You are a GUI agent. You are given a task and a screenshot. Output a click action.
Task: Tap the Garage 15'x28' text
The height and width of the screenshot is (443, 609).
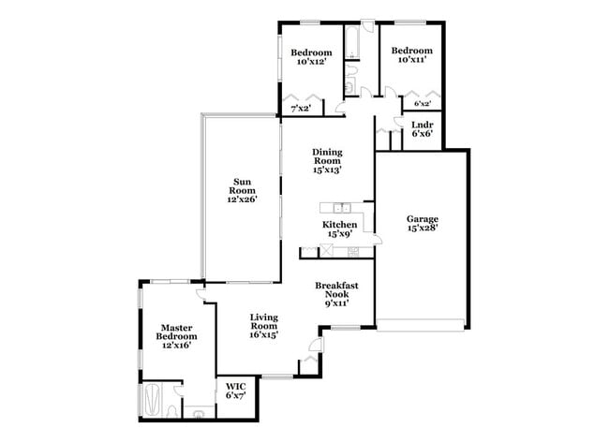tap(422, 223)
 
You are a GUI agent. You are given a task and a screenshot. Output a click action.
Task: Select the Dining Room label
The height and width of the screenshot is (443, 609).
tap(327, 161)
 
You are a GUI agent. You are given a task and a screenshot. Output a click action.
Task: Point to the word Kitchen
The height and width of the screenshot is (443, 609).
tap(339, 226)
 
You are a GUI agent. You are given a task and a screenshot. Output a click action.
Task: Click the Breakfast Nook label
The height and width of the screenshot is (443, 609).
tap(335, 294)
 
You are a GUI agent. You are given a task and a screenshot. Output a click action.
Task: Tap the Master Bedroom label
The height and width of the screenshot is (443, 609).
tap(175, 335)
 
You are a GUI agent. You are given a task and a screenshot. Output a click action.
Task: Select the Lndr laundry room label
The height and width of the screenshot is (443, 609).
tap(421, 128)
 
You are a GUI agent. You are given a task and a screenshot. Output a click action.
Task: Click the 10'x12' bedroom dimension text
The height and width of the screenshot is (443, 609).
tap(310, 62)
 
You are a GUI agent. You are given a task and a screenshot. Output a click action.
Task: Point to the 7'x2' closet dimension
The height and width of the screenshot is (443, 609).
tap(300, 109)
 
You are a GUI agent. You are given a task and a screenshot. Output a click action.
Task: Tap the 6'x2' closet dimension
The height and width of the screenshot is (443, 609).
tap(423, 105)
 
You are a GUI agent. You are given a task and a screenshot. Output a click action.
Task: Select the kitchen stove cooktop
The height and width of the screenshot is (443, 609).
tap(353, 251)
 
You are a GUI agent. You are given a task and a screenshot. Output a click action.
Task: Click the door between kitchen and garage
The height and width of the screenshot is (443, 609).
tap(375, 239)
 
